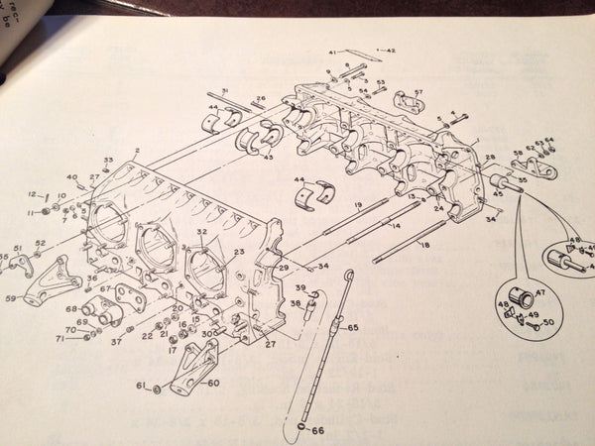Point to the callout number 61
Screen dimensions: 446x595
[140, 386]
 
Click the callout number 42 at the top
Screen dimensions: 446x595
[391, 49]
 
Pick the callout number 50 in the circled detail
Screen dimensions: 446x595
[547, 324]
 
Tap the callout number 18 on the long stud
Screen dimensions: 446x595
[425, 243]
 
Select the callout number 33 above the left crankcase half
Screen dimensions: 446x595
[108, 160]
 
